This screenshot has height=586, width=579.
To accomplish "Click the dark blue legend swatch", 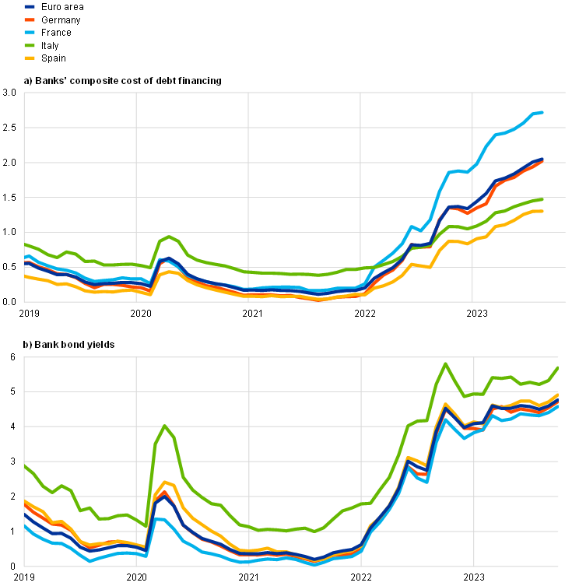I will point(30,6).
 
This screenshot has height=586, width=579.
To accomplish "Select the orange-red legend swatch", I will point(30,19).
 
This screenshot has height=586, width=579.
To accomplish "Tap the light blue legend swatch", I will point(30,32).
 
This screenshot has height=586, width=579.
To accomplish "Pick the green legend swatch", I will point(30,45).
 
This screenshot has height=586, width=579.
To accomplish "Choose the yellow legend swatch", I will point(30,58).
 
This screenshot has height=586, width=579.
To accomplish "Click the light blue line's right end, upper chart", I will point(543,112).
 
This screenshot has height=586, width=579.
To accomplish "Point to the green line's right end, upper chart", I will point(543,199).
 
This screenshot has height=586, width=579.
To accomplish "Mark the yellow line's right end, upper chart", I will point(543,211).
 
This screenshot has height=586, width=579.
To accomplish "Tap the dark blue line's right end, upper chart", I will point(543,159).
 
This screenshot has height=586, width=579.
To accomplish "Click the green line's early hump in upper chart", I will point(168,237).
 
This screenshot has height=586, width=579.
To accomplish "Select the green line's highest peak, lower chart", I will point(446,363).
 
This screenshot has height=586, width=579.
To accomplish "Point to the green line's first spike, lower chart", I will point(164,426).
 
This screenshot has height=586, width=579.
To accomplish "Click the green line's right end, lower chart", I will point(558,367).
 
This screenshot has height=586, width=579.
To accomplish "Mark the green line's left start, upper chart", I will point(25,244).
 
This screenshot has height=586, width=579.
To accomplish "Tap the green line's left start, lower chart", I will point(25,465).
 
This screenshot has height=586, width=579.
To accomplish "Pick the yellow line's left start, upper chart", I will point(25,275).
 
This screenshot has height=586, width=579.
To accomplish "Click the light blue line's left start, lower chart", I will point(25,526).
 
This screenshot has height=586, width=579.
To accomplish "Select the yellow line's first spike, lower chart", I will point(165,482).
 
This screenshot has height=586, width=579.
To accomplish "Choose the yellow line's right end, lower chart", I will point(558,395).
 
